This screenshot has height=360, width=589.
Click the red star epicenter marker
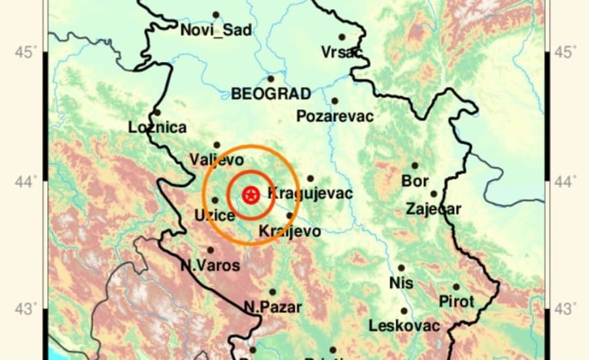[x=250, y=194]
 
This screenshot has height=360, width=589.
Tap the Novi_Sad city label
[x=215, y=31]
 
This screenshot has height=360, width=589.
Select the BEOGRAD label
[x=270, y=94]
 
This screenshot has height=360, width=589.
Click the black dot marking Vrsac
[x=342, y=37]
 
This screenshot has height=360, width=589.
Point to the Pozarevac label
[x=334, y=117]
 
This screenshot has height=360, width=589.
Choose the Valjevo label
[x=216, y=159]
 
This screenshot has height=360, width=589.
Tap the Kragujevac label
[x=310, y=193]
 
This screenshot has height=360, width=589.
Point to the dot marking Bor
[x=414, y=166]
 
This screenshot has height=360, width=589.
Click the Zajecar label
[x=433, y=209]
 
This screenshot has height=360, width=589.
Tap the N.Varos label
[x=210, y=266]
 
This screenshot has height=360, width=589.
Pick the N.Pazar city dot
[x=273, y=292]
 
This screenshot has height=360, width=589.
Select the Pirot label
[x=455, y=302]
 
